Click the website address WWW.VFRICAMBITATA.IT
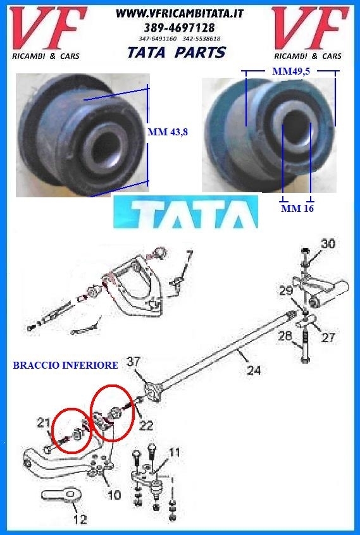[180, 13]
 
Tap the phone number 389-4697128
[179, 27]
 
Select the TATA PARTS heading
[177, 52]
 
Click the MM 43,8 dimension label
[168, 132]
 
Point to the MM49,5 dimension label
[291, 71]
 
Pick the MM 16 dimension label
[297, 208]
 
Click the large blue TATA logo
[185, 212]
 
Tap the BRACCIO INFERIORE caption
[65, 365]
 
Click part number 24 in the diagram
[254, 370]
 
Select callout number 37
[133, 362]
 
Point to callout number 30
[328, 243]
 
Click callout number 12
[80, 519]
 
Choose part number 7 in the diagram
[189, 255]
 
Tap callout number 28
[285, 336]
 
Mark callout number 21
[43, 423]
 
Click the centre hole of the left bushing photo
[106, 150]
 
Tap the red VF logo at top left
[48, 28]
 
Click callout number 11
[175, 453]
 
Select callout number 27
[328, 338]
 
